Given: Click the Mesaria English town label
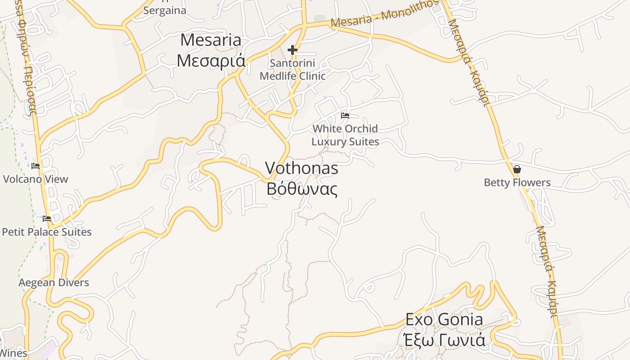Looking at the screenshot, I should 211,40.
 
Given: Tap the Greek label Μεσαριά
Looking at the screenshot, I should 211,60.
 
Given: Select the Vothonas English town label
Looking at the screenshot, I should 301,168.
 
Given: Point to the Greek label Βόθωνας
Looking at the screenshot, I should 301,189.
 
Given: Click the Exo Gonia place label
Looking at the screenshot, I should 444,319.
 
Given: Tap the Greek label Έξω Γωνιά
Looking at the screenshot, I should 444,340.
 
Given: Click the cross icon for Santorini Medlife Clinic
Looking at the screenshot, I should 292,50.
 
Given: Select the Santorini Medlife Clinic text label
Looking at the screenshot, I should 292,69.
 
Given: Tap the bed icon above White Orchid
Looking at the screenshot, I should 345,116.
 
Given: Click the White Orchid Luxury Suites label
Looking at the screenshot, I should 345,135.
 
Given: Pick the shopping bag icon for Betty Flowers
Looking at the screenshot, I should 517,169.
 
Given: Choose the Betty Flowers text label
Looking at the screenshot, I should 517,183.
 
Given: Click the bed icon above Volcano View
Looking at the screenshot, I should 36,166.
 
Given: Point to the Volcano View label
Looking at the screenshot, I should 36,179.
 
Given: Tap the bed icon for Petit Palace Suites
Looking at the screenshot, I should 47,219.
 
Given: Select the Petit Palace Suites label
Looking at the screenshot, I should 47,232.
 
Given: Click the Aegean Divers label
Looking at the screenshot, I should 54,283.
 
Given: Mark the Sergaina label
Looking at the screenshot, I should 165,10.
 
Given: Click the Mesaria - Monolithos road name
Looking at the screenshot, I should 384,14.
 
